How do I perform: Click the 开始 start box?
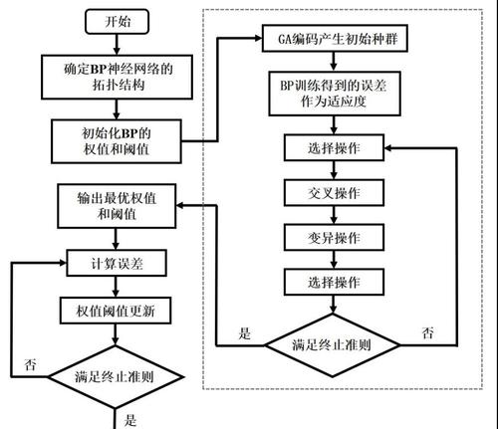pos(117,22)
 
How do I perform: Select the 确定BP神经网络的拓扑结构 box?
pos(117,77)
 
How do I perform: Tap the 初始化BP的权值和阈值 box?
pos(117,141)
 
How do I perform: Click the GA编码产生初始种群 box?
pos(335,38)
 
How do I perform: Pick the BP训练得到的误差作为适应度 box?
pos(335,94)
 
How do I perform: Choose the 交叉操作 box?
pos(334,193)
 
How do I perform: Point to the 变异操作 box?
pos(334,237)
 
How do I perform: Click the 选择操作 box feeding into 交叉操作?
pos(334,147)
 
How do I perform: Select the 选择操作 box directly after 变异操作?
pos(334,282)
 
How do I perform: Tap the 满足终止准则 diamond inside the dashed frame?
pos(333,345)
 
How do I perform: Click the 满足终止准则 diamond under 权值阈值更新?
pos(116,377)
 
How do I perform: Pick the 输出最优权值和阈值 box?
pos(117,206)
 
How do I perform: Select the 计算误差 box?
pos(117,263)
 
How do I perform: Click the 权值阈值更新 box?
pos(116,311)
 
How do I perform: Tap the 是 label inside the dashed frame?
pos(245,333)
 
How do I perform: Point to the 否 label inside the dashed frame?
pos(428,332)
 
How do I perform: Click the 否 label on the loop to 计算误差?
pos(30,364)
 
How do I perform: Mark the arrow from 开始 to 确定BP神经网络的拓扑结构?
pos(117,44)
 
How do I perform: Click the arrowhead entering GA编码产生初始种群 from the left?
pos(259,38)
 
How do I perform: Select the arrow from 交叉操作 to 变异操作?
pos(334,215)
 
